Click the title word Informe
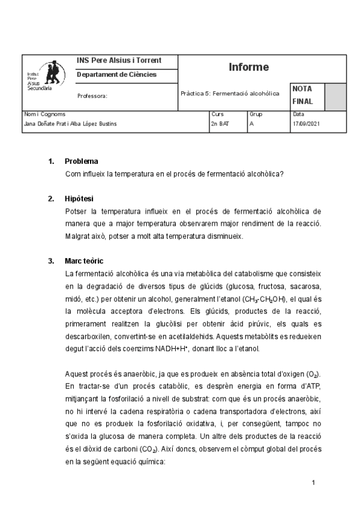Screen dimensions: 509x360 click(x=248, y=67)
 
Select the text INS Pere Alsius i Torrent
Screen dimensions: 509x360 click(x=119, y=61)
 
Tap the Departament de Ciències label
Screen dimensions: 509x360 click(x=116, y=74)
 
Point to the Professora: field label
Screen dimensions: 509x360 click(x=92, y=95)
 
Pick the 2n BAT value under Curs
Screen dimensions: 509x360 click(x=220, y=124)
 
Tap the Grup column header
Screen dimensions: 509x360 click(x=255, y=113)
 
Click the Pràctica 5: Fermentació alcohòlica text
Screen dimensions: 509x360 click(x=230, y=94)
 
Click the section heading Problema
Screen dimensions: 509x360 click(x=82, y=161)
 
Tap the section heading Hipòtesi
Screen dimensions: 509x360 click(x=79, y=198)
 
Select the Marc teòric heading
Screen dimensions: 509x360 click(x=84, y=261)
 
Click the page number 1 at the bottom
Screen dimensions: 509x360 click(x=313, y=483)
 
